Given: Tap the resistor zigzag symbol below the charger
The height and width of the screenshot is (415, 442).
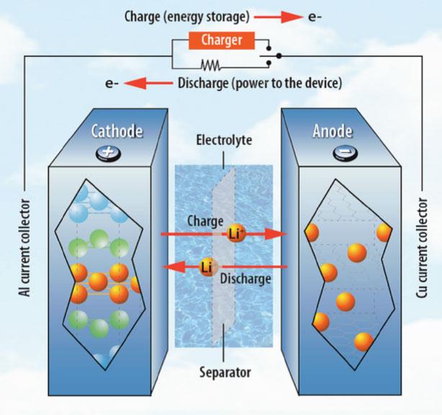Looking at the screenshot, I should tap(210, 65).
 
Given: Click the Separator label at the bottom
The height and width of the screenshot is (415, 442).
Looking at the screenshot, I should tap(222, 372).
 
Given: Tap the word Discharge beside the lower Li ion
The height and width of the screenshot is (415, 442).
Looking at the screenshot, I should tap(246, 277).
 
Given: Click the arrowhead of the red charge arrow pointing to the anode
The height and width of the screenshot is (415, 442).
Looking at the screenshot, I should tap(279, 234).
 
